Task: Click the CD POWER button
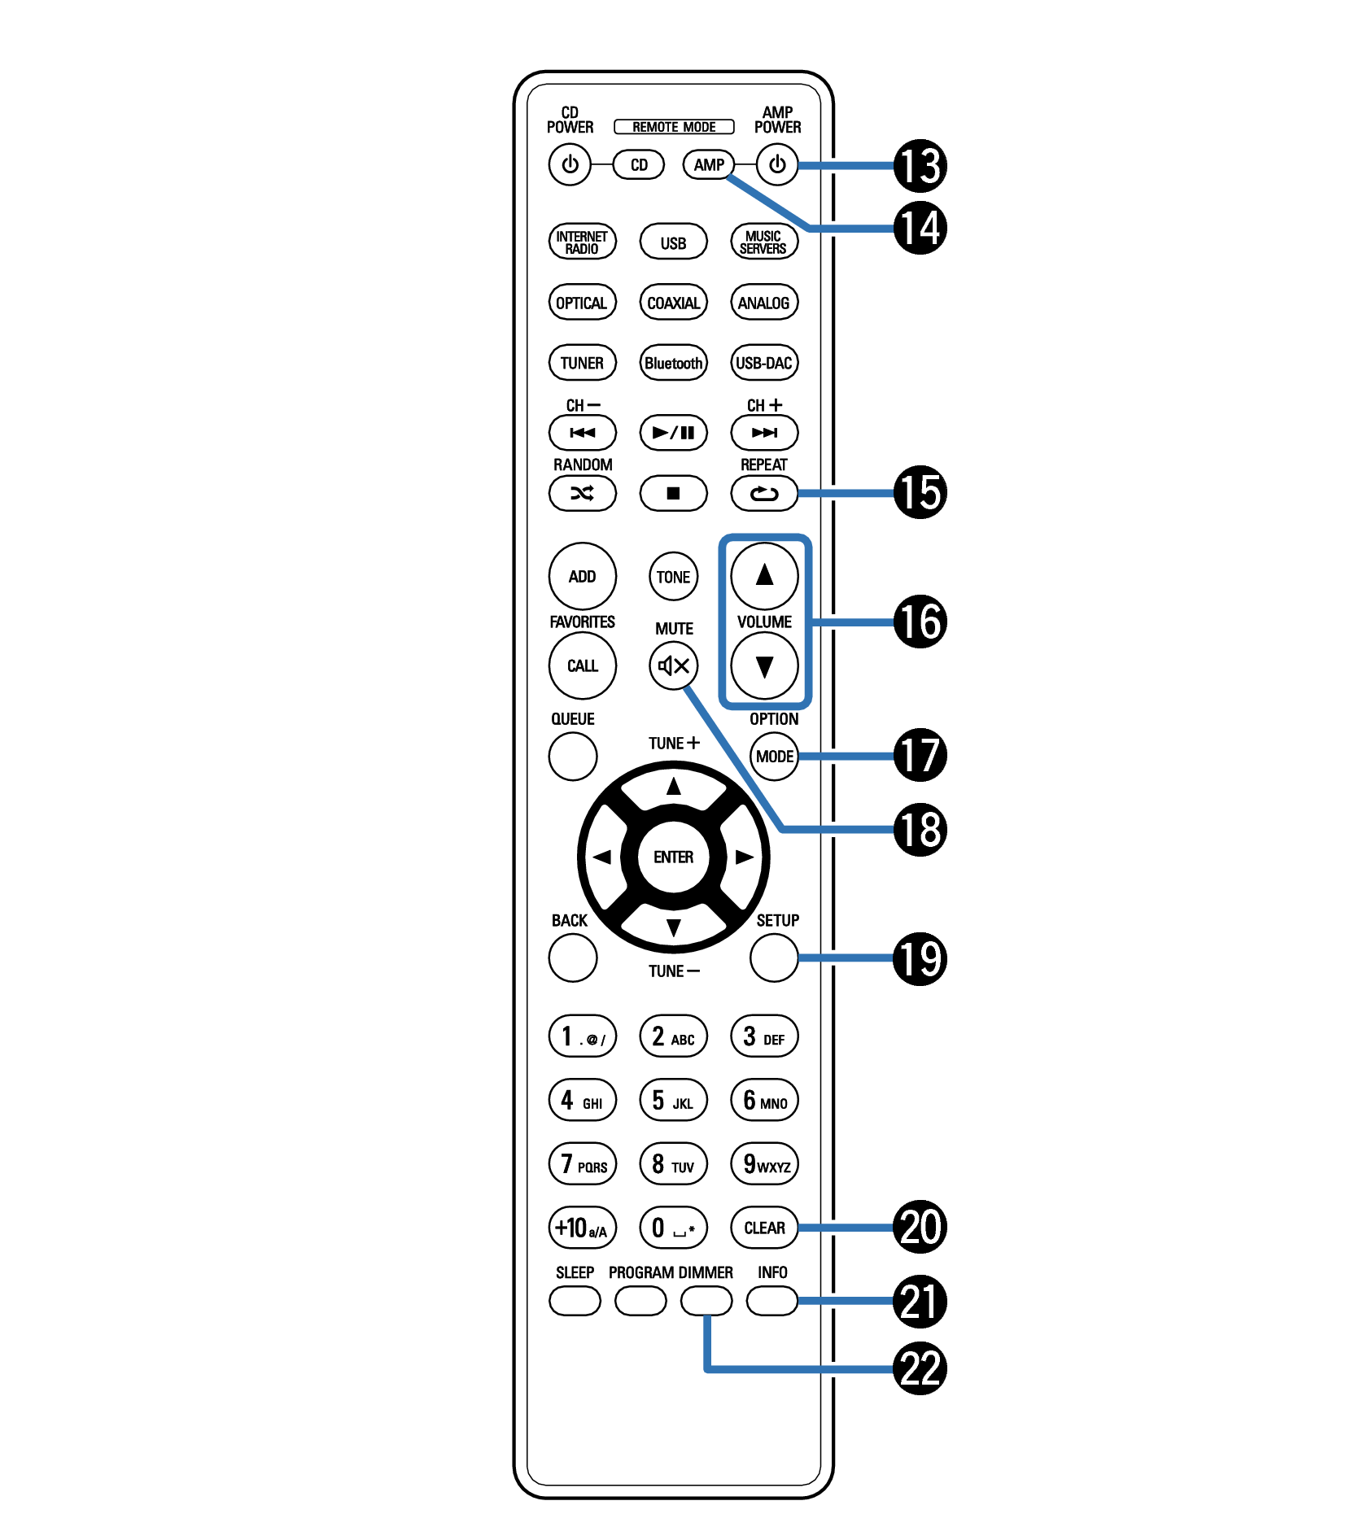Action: click(570, 164)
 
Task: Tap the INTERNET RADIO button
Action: click(582, 242)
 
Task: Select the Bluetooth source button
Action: click(673, 363)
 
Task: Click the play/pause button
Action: click(673, 432)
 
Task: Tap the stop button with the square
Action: click(673, 493)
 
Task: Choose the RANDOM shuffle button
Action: click(582, 493)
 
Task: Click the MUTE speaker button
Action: click(674, 666)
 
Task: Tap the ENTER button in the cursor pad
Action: click(674, 857)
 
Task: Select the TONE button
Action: click(674, 577)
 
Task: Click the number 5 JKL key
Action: click(673, 1100)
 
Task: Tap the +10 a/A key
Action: click(582, 1227)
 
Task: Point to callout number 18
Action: click(920, 829)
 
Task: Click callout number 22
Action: click(920, 1368)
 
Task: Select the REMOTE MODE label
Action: click(674, 127)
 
